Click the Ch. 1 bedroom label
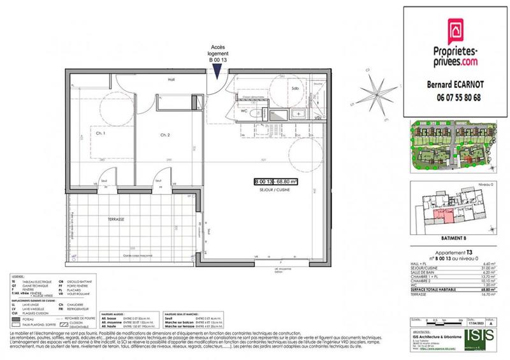[100, 135]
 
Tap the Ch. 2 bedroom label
[164, 135]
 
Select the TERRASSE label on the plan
[115, 219]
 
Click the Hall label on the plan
[171, 80]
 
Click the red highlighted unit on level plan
[440, 219]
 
